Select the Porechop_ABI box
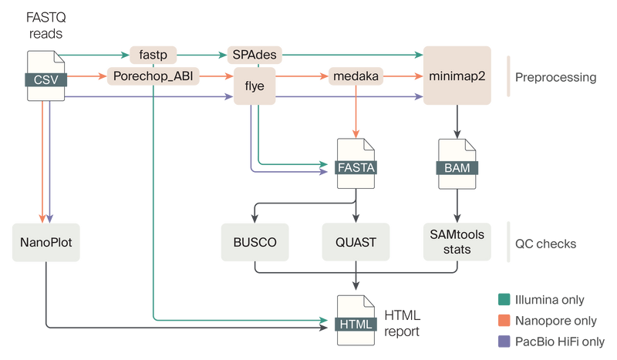pyautogui.click(x=153, y=76)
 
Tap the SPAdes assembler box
pyautogui.click(x=255, y=56)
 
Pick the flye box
pyautogui.click(x=255, y=86)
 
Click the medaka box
pyautogui.click(x=354, y=76)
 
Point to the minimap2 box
pyautogui.click(x=457, y=76)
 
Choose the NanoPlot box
pyautogui.click(x=46, y=242)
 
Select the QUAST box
pyautogui.click(x=356, y=242)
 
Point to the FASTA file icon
pyautogui.click(x=356, y=163)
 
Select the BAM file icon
pyautogui.click(x=458, y=163)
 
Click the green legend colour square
pyautogui.click(x=504, y=298)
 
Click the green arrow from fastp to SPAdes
pyautogui.click(x=202, y=56)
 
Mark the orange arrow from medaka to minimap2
pyautogui.click(x=401, y=76)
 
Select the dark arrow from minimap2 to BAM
pyautogui.click(x=458, y=122)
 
